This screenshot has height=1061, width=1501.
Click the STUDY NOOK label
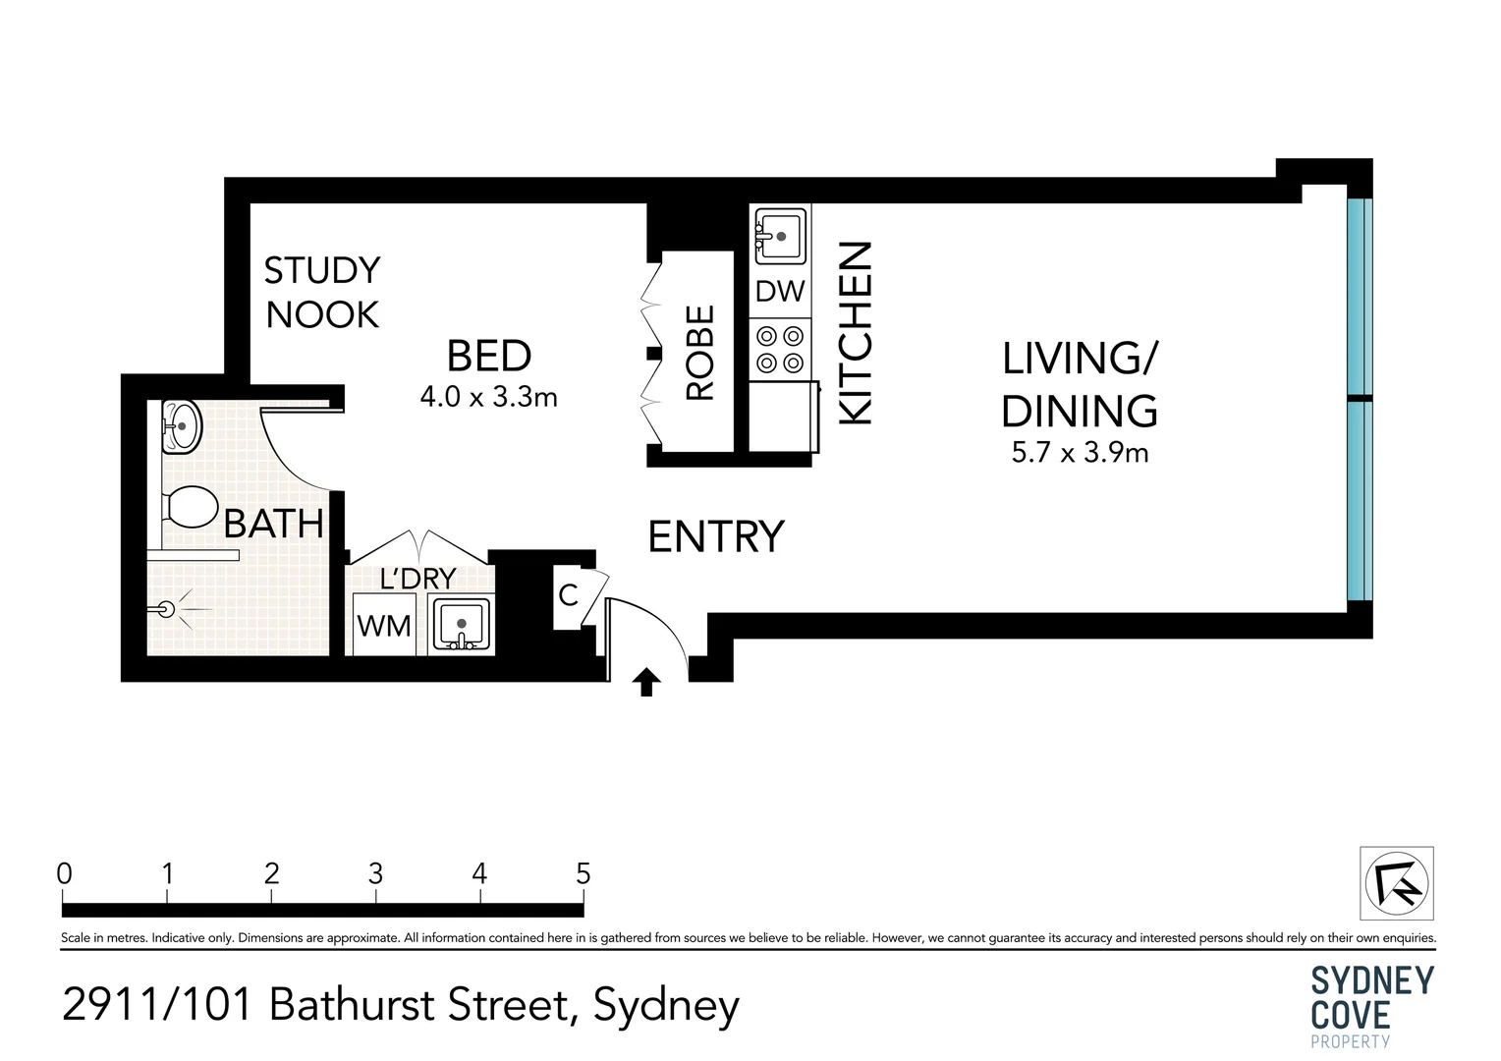322,292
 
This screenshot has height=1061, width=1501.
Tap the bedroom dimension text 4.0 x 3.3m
488,398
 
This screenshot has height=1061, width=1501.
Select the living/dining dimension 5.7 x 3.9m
1080,453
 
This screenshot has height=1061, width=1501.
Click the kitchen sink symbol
780,235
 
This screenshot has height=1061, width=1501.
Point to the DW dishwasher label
780,292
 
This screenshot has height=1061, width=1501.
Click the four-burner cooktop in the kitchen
780,349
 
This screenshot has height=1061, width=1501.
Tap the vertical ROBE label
700,354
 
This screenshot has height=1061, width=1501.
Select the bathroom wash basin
180,425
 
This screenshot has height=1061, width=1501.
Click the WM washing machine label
384,627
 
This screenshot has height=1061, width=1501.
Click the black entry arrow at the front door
646,682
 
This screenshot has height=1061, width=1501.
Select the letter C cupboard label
568,595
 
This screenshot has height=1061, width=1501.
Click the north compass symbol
1397,883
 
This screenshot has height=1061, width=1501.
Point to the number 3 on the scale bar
375,873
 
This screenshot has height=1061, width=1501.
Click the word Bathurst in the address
350,1005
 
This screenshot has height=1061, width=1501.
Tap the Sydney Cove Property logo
1372,1006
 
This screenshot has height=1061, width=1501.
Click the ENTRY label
716,536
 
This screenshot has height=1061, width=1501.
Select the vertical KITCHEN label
856,333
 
